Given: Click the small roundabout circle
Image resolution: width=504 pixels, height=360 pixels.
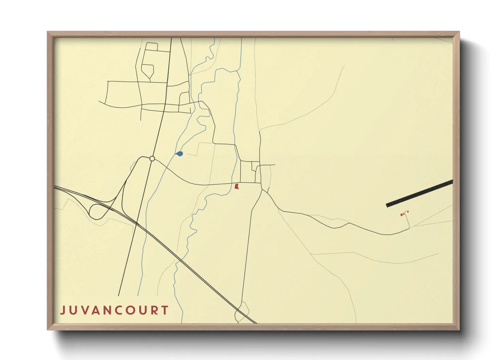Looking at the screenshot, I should click(x=152, y=159).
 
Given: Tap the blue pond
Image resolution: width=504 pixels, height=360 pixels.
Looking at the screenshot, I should click(x=180, y=154).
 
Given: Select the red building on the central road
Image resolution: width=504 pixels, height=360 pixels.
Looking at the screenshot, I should click(x=237, y=186).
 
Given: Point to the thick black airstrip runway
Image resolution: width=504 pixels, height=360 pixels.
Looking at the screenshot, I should click(x=419, y=193).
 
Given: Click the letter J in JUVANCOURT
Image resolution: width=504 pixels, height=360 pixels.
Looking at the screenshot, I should click(x=63, y=310).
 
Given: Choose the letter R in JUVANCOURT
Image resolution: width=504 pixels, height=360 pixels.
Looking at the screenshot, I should click(x=155, y=310).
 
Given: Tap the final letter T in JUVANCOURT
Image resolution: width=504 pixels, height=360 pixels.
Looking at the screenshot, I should click(x=166, y=310).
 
